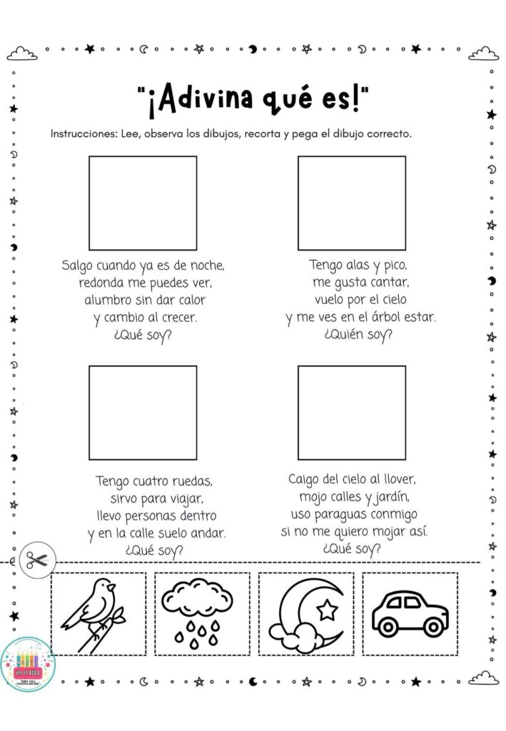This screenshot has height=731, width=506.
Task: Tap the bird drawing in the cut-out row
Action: [96, 612]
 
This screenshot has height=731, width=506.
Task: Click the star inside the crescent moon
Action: [328, 609]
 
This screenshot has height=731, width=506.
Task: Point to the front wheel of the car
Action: [432, 626]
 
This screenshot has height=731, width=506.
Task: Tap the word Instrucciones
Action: [81, 134]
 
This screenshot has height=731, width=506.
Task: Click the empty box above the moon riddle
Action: [143, 202]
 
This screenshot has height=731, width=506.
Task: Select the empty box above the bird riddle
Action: [351, 202]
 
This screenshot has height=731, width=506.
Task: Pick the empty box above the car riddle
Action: [143, 412]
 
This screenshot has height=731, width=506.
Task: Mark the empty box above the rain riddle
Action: [351, 412]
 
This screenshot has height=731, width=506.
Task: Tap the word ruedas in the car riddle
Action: [188, 480]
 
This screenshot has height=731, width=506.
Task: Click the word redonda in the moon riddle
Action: [105, 283]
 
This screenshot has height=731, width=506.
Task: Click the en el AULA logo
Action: [28, 663]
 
